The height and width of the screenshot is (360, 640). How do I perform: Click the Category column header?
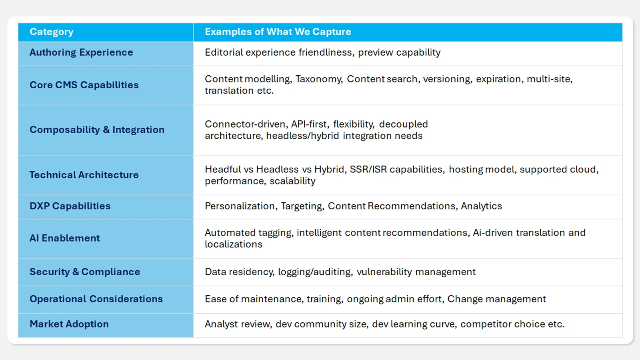[x=52, y=32]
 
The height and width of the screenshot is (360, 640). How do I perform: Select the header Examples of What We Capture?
[x=278, y=32]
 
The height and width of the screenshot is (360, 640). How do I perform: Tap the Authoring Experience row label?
[x=81, y=52]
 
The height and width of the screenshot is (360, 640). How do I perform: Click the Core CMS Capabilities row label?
[x=84, y=85]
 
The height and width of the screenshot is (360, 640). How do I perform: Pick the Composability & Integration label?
[x=97, y=130]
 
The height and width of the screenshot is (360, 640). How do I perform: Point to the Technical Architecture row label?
[x=84, y=175]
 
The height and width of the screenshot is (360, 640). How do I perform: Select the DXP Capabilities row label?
[x=70, y=206]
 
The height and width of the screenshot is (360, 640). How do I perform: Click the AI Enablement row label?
[x=65, y=238]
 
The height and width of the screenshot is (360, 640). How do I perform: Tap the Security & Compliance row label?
[x=85, y=272]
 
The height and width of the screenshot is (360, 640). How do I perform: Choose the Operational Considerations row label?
[x=96, y=299]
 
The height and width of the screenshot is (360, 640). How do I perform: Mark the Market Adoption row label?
[x=69, y=324]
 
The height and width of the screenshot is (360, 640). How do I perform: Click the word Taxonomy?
[x=318, y=79]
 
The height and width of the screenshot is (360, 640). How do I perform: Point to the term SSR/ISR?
[x=368, y=170]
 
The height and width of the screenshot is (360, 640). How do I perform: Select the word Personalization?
[x=240, y=206]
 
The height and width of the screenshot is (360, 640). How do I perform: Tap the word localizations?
[x=234, y=244]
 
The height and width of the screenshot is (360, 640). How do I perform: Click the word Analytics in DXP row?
[x=481, y=206]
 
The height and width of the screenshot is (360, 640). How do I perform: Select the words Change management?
[x=496, y=299]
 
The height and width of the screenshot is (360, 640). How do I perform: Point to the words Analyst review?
[x=238, y=324]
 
